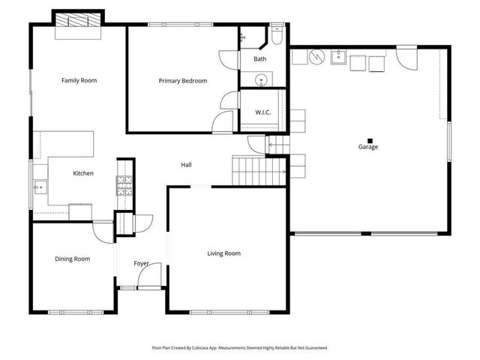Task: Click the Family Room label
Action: pyautogui.click(x=79, y=80)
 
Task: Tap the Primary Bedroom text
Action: pyautogui.click(x=182, y=80)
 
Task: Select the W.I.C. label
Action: pyautogui.click(x=262, y=113)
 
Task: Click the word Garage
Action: pyautogui.click(x=367, y=147)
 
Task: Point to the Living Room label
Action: pyautogui.click(x=223, y=253)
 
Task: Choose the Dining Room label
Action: pyautogui.click(x=72, y=259)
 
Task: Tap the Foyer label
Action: pyautogui.click(x=141, y=264)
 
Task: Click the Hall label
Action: pyautogui.click(x=187, y=165)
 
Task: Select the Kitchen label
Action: pyautogui.click(x=82, y=173)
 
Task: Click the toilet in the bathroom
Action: pyautogui.click(x=276, y=36)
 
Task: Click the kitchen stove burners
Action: pyautogui.click(x=124, y=185)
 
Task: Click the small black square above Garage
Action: pyautogui.click(x=367, y=139)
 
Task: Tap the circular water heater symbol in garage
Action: pyautogui.click(x=316, y=56)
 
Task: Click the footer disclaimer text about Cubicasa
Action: pyautogui.click(x=240, y=348)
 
